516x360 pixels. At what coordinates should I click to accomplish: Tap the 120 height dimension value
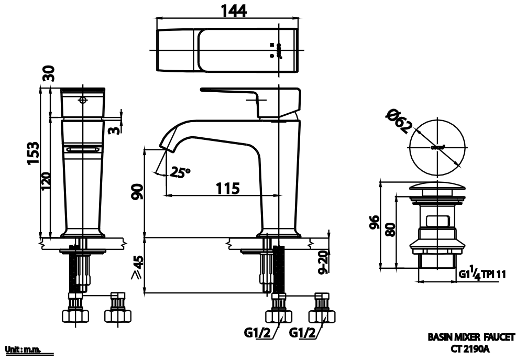point(46,181)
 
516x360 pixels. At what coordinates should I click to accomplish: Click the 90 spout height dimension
point(137,192)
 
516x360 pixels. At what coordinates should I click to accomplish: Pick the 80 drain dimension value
point(389,228)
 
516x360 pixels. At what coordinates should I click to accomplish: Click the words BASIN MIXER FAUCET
point(471,337)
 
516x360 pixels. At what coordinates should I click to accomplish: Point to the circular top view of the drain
point(437,147)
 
